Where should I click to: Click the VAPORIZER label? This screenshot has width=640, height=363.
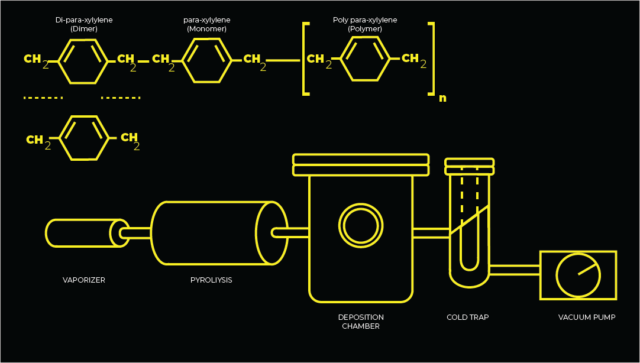point(84,280)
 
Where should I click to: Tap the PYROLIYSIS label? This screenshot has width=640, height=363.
point(211,280)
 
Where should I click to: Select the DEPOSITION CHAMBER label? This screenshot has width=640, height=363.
point(361,322)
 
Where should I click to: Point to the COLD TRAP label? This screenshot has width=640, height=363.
point(467,317)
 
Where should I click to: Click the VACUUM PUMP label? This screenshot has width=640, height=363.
point(587,317)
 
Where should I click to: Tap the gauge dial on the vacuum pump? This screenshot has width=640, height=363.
point(578,276)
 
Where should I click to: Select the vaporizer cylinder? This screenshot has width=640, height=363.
point(83,233)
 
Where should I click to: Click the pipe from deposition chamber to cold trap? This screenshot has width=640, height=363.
point(431,233)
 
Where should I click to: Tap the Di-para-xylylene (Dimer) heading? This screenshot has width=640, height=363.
point(84,24)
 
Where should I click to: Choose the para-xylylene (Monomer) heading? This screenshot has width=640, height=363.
point(206,24)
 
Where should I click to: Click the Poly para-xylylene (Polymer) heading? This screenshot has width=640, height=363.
point(365,24)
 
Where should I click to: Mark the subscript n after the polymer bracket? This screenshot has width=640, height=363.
point(442,98)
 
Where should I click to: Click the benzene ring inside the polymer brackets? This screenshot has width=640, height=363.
point(366,59)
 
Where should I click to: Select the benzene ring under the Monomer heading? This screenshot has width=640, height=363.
point(206,60)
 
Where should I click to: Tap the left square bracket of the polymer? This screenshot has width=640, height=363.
point(306,59)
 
